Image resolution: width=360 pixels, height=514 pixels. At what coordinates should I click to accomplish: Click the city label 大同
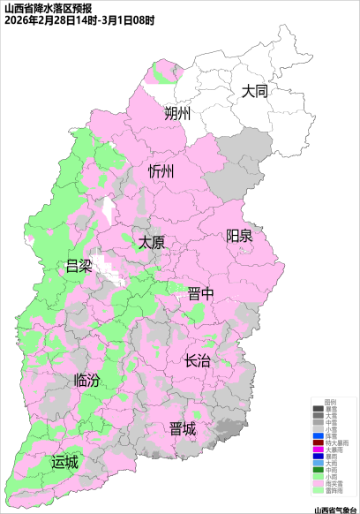point(255,91)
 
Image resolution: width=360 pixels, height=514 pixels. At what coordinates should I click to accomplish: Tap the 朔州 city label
point(177,114)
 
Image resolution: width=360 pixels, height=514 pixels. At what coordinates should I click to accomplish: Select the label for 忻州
point(162,170)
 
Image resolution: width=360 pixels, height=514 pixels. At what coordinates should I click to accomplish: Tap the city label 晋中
point(201,294)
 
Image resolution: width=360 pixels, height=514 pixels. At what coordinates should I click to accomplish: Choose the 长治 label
point(198,361)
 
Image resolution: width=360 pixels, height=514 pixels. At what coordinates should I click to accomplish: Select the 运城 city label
point(64,461)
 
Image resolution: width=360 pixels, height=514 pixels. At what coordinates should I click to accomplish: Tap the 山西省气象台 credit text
point(335,509)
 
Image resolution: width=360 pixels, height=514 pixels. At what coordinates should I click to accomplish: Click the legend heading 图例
point(331,403)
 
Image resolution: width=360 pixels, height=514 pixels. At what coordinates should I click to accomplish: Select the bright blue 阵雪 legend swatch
point(319,436)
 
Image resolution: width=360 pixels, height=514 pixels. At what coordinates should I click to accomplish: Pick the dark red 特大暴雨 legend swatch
point(319,443)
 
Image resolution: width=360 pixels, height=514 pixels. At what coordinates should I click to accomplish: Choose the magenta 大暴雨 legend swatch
point(319,450)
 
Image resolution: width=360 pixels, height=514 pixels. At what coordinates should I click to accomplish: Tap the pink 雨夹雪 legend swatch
point(319,483)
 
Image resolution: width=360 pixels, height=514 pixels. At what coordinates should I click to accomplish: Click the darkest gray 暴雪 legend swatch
point(319,410)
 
